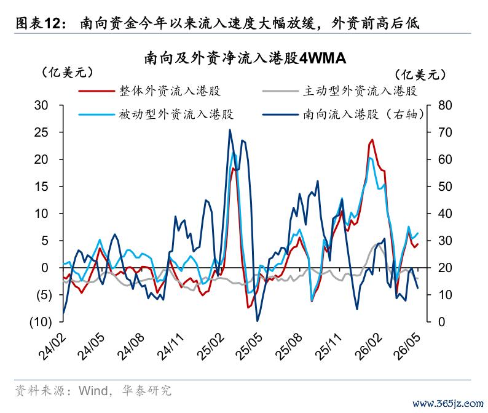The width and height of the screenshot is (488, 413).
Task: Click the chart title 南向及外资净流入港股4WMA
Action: tap(245, 58)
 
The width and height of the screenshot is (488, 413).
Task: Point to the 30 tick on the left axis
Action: tap(41, 105)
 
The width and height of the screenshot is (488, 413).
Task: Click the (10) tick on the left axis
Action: tap(41, 322)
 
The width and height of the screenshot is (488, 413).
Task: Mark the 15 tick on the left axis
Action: tap(41, 186)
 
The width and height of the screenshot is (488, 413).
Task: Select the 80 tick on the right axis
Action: tap(445, 105)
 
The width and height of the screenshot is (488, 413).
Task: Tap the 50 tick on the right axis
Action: tap(445, 186)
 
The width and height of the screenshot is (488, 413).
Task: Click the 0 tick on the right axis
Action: tap(442, 322)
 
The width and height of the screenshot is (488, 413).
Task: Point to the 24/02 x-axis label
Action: tap(52, 347)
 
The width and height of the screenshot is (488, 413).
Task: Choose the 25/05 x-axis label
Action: tap(249, 347)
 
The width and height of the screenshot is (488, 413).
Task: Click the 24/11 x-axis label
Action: tap(170, 347)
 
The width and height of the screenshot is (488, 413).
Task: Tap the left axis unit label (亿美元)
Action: tap(67, 73)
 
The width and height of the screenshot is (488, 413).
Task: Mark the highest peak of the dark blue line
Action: tap(230, 130)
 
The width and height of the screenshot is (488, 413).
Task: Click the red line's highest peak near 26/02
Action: tap(372, 140)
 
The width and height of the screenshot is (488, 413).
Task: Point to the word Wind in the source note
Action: tap(93, 391)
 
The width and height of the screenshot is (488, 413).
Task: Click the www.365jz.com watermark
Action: tap(448, 404)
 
